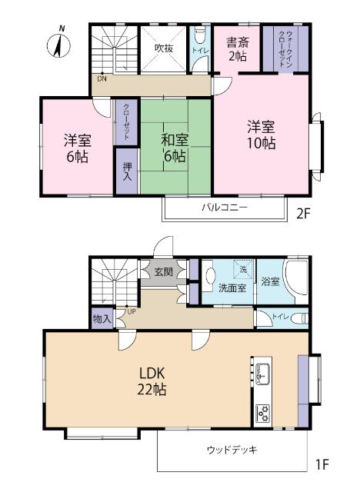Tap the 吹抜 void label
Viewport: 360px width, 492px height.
click(x=163, y=48)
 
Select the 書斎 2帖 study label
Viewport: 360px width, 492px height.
click(x=237, y=48)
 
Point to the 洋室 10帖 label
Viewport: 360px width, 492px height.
click(x=262, y=135)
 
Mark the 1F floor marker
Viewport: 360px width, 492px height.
click(x=321, y=465)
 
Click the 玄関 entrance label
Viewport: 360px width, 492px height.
click(x=162, y=271)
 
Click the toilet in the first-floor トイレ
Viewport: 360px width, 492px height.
click(x=298, y=317)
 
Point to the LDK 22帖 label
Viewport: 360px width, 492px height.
click(x=152, y=381)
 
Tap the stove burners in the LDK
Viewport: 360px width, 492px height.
click(x=263, y=413)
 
